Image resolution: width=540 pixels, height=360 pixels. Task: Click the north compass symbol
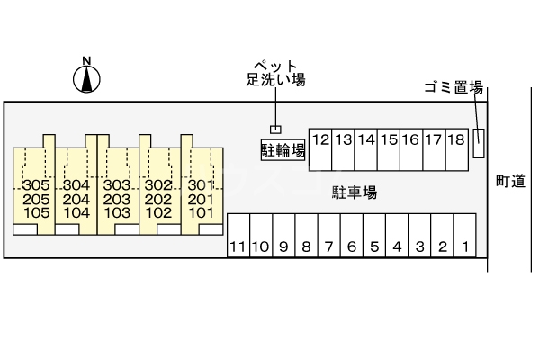tap(86, 78)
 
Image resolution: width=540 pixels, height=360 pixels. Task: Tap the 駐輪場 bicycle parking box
tap(283, 148)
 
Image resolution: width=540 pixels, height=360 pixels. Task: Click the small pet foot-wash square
tap(276, 130)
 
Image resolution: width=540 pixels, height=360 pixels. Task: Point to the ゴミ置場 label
tap(454, 87)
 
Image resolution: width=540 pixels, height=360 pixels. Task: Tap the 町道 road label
tap(510, 181)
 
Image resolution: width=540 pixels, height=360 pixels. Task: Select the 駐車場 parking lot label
tap(354, 192)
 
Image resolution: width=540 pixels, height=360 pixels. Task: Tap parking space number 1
tap(464, 246)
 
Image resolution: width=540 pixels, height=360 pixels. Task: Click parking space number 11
tap(238, 246)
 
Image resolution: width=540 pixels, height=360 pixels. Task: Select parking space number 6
tap(351, 246)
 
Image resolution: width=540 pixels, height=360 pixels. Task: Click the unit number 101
tap(201, 213)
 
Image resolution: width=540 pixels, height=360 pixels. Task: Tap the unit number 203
tap(117, 200)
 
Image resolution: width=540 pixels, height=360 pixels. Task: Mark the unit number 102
tap(158, 213)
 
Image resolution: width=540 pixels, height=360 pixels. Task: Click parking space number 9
tap(283, 246)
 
